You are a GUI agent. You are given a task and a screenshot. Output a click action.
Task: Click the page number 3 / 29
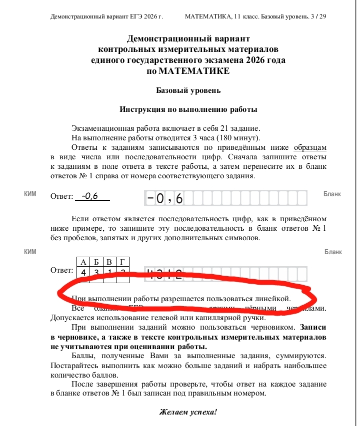click(318, 16)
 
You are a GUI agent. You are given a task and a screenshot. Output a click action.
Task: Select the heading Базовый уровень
click(188, 90)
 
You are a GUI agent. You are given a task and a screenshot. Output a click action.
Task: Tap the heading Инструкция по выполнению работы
click(188, 109)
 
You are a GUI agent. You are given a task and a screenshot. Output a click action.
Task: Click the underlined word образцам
click(310, 147)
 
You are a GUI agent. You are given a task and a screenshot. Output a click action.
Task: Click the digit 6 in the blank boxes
click(179, 199)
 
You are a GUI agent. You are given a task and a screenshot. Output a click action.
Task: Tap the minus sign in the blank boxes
click(150, 198)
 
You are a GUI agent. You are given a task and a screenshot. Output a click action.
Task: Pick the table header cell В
click(109, 262)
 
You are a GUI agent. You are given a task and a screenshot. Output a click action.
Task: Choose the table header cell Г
click(122, 262)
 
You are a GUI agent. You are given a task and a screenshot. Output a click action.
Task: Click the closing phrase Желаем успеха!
click(188, 413)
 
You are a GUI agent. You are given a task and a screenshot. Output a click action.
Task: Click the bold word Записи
click(313, 328)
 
